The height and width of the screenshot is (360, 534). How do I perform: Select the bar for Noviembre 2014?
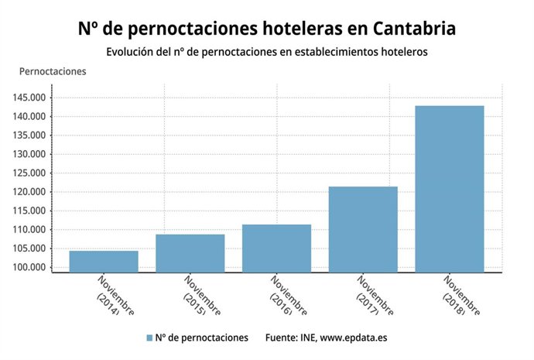(104, 262)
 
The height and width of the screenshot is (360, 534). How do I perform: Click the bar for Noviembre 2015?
(190, 253)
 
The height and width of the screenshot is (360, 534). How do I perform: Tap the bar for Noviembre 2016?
(276, 249)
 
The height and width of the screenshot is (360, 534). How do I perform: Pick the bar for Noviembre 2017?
(363, 229)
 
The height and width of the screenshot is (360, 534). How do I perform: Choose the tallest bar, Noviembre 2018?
(450, 189)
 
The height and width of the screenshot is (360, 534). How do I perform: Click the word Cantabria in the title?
(414, 29)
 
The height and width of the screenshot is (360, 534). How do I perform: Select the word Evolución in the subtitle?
(132, 52)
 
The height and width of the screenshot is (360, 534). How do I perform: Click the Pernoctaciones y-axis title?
(53, 71)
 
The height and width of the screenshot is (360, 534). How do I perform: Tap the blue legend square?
(149, 338)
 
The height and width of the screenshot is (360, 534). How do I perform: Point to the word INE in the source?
(314, 338)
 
